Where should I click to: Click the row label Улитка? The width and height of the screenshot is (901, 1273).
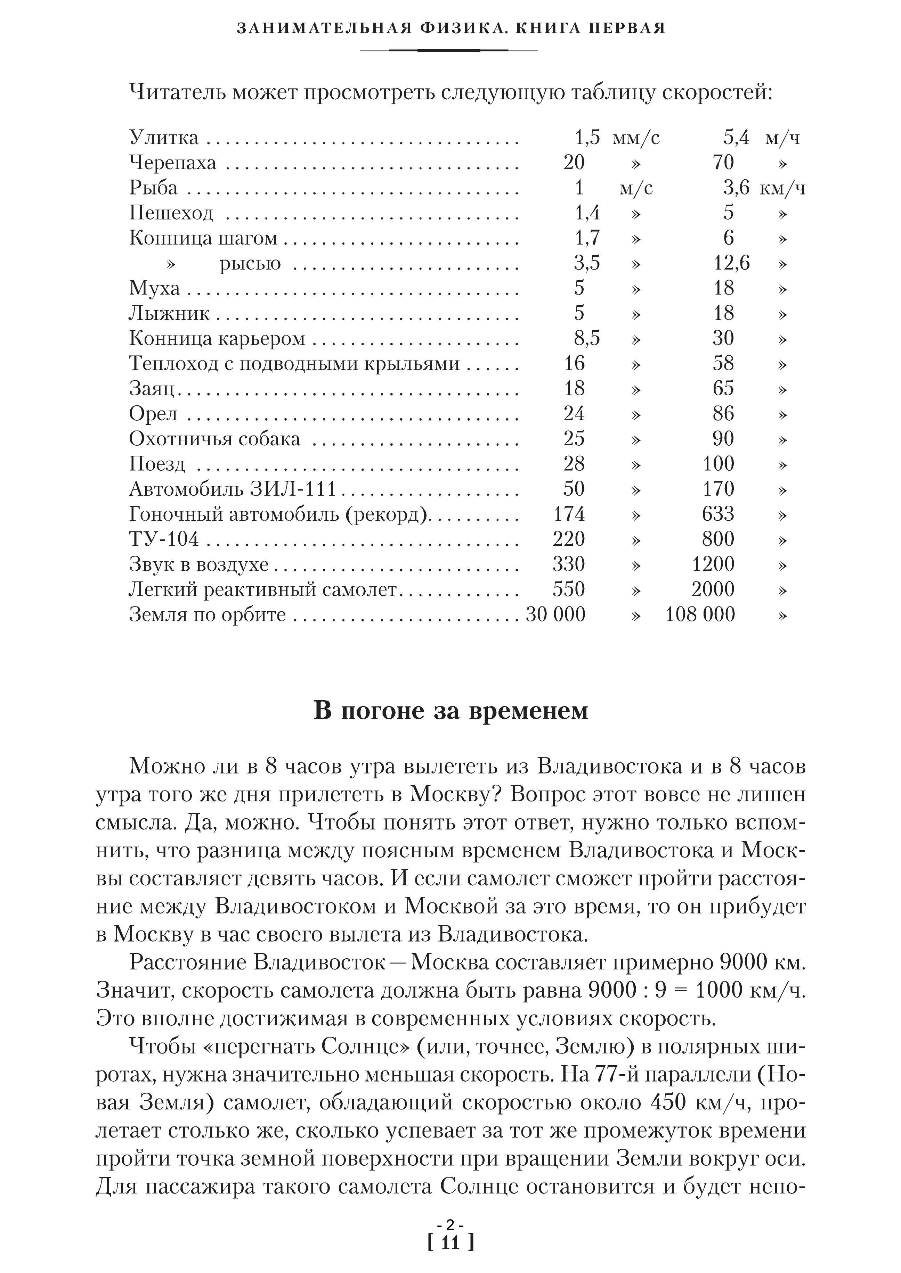[164, 137]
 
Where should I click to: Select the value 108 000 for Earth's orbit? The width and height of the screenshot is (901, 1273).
[700, 614]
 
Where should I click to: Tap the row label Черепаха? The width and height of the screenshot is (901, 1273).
[172, 163]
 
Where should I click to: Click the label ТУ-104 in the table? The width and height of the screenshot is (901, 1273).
[164, 539]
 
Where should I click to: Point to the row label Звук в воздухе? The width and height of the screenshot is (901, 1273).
[198, 564]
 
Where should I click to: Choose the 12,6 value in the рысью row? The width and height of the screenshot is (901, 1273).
[731, 263]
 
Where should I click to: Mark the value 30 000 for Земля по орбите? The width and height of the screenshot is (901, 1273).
[555, 614]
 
